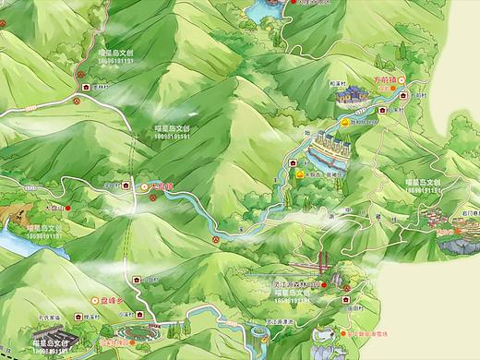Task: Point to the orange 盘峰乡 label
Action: tap(112, 300)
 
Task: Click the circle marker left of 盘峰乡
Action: tap(92, 300)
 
